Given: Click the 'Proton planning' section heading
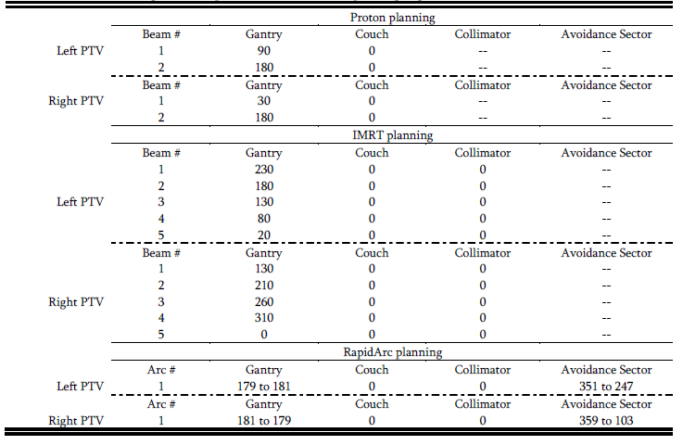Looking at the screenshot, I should point(393,18).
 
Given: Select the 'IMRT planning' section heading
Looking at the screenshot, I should point(393,134).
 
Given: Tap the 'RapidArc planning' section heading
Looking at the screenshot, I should point(393,352).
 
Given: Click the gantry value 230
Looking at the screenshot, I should point(264,169).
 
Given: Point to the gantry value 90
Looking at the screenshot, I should point(264,51).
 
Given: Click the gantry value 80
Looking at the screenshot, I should point(264,219).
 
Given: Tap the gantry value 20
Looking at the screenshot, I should point(264,235).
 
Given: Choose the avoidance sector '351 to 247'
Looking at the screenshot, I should point(606,387).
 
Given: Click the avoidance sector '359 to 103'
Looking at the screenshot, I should point(606,421).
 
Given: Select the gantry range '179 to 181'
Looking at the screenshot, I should point(264,387).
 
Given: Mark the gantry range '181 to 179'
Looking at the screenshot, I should point(264,421).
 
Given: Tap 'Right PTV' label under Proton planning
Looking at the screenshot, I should point(80,101).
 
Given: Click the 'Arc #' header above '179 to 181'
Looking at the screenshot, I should point(161,370).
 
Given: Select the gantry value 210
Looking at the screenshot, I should point(264,286).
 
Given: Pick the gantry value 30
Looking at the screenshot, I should point(264,101).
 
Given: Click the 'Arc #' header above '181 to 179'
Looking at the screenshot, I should point(161,404).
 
